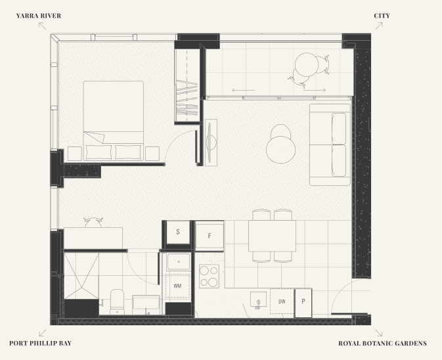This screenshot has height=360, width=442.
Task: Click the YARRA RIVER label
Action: pos(39,16)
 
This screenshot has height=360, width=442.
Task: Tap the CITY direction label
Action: pos(382,16)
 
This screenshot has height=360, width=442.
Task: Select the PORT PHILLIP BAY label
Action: pos(40,343)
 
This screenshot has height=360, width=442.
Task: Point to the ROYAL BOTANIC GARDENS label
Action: pos(382,343)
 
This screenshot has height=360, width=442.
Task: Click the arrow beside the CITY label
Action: pos(379,26)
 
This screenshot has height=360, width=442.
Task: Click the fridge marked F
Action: pos(210,236)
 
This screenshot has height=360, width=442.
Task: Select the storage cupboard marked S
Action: pos(178,232)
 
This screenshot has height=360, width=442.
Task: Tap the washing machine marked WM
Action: pos(177,286)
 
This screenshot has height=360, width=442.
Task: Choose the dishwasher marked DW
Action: pos(282,301)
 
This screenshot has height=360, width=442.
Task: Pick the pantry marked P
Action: pos(303,302)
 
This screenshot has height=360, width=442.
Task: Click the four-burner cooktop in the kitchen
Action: pos(209,276)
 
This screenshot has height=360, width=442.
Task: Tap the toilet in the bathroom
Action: pos(117,302)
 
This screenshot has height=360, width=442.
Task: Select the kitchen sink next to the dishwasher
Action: pos(258,299)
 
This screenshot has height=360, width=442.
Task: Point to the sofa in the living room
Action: pos(330,145)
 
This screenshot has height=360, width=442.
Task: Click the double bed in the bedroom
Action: pos(114,121)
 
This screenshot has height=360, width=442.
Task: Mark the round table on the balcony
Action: pos(307,64)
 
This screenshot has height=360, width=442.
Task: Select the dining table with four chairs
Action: pos(272,236)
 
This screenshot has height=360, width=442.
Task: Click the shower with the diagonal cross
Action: pos(81,276)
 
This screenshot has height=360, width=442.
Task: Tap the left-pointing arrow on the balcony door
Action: pos(243,91)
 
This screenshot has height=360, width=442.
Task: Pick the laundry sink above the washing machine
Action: pos(179,262)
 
